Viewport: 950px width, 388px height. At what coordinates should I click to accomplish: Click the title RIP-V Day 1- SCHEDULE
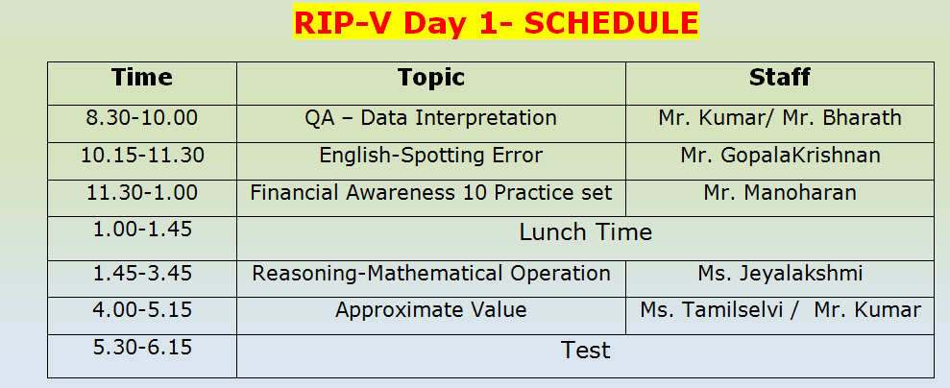pos(495,22)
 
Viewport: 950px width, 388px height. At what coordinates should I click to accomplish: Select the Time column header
pos(141,78)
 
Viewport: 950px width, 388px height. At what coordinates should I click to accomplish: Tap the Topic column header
pos(430,78)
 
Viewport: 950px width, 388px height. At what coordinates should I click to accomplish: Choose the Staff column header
pos(779,78)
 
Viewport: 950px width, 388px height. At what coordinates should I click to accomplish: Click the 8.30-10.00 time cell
pos(141,118)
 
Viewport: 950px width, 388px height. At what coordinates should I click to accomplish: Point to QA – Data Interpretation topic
pos(430,118)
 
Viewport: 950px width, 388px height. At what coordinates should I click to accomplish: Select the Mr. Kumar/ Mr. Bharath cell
pos(779,118)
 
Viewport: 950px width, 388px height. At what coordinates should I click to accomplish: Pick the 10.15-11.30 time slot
pos(141,155)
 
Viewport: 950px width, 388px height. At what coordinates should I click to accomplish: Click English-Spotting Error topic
pos(430,155)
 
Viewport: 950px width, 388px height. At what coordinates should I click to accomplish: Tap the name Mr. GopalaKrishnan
pos(779,155)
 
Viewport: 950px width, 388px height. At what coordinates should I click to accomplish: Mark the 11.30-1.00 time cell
pos(141,193)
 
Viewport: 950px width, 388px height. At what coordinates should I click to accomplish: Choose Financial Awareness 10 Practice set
pos(430,193)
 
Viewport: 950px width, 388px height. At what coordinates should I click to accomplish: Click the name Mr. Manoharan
pos(779,193)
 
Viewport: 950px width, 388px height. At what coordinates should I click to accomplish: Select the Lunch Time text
pos(585,232)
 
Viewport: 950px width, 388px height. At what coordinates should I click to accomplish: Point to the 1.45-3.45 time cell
pos(141,274)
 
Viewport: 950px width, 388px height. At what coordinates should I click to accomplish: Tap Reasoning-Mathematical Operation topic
pos(430,274)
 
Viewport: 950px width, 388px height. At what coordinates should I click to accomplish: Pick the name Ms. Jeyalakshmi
pos(779,274)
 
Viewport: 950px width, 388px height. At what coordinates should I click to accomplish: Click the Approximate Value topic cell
pos(430,310)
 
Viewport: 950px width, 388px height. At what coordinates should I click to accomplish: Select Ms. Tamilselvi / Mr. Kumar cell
pos(779,310)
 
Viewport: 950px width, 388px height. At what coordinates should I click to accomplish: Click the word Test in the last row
pos(585,351)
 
